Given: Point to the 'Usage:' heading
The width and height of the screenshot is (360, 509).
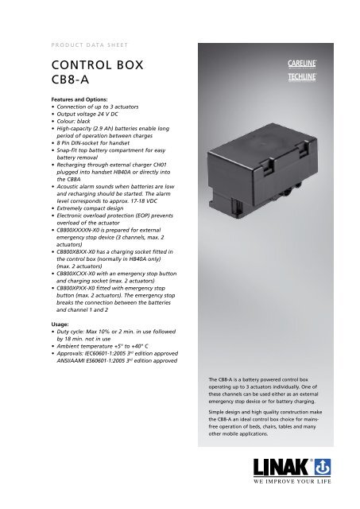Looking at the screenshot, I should (40, 302).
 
